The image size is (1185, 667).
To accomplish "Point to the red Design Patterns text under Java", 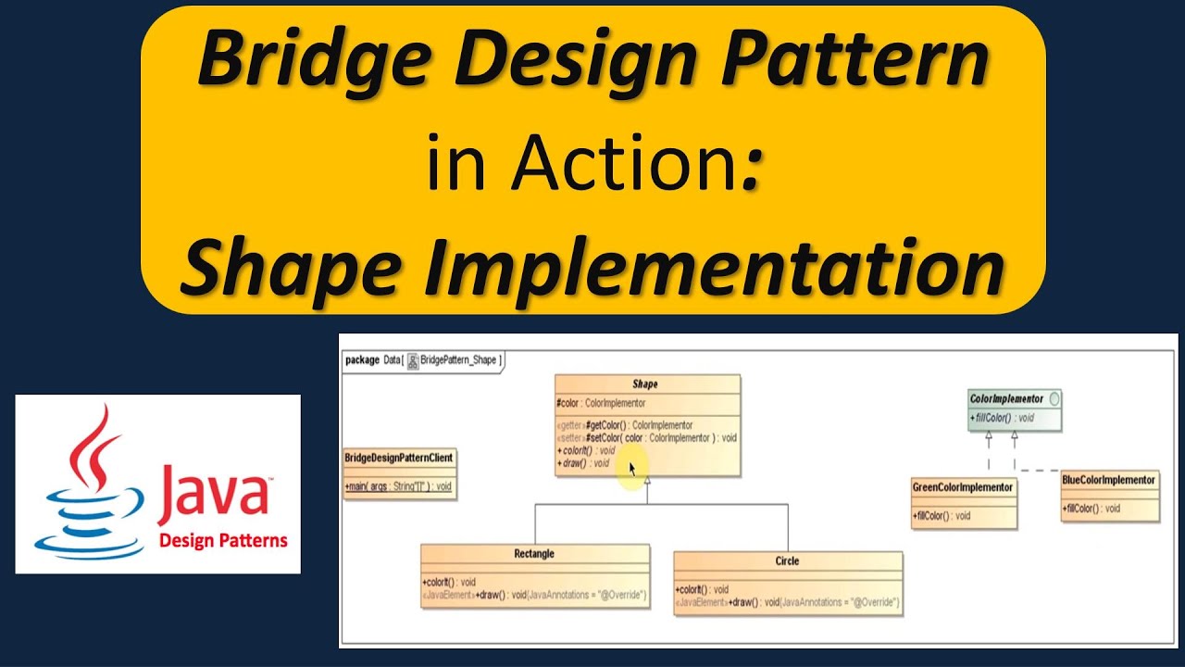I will [223, 541].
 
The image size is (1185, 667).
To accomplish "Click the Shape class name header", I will [645, 384].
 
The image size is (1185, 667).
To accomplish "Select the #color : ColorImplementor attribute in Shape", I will [601, 403].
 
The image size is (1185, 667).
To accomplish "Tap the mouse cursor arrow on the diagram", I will [633, 469].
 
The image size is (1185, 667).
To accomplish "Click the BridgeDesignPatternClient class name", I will [399, 458].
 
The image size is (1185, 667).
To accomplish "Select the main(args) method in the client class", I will [398, 486].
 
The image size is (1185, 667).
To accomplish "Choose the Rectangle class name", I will [534, 554].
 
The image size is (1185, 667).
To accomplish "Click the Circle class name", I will [787, 560].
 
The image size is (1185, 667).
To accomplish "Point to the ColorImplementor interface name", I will [1006, 399].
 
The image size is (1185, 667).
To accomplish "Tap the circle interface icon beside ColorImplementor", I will [1054, 399].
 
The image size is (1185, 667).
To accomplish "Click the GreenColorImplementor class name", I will [963, 487].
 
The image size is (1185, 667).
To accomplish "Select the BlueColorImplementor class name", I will [1109, 480].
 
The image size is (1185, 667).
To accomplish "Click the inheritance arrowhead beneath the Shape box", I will [647, 482].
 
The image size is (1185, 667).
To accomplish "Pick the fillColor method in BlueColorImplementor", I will [1092, 508].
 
